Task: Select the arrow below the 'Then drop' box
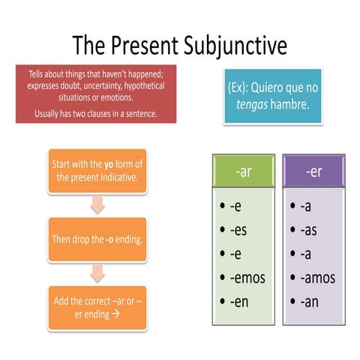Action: point(97,271)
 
